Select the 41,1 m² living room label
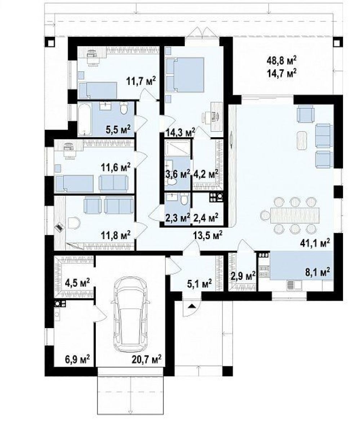(315, 243)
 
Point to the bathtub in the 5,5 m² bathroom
(85, 119)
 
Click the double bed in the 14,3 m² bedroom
(185, 75)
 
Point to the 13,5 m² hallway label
(208, 235)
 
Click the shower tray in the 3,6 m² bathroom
(178, 148)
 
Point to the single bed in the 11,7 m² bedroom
(97, 90)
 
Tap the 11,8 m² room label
(116, 235)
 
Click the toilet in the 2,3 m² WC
(184, 200)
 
